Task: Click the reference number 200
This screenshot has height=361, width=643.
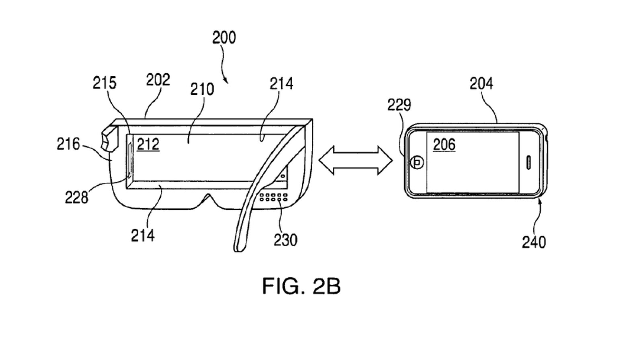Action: [224, 38]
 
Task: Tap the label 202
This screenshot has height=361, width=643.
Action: [158, 80]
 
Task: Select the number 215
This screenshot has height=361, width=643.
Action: [104, 83]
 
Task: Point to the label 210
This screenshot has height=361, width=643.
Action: [202, 89]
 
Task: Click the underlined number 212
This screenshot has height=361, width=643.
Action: [148, 144]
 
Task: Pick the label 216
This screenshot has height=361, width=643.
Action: [68, 144]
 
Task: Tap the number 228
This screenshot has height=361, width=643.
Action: [76, 197]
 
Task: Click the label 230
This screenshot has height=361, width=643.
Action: [285, 240]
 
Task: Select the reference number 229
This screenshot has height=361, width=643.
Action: [399, 105]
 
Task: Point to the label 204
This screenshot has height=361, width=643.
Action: [481, 83]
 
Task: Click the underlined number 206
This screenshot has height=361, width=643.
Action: [444, 145]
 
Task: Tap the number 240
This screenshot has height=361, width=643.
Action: [534, 242]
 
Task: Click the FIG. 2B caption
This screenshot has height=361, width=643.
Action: [301, 286]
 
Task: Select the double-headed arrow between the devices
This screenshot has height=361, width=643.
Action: [356, 160]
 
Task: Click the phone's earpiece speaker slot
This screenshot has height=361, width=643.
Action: [528, 162]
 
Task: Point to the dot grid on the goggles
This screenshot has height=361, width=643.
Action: [274, 197]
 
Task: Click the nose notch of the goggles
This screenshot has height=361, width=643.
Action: [208, 199]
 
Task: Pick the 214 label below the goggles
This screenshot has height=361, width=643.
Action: [143, 235]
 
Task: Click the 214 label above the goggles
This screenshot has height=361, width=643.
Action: [281, 83]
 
